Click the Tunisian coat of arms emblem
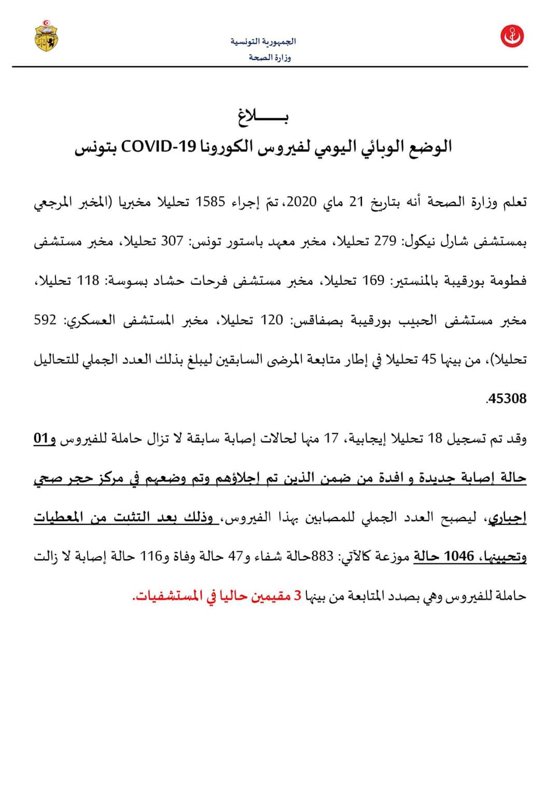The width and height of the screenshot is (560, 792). tap(46, 35)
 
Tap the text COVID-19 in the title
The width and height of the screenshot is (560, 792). tap(159, 147)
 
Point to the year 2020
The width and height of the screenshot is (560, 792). tap(301, 202)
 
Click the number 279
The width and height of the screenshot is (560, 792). tap(385, 241)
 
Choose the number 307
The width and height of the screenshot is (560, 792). tap(172, 241)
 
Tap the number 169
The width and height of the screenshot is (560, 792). tap(373, 281)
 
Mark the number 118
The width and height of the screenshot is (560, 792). tap(88, 281)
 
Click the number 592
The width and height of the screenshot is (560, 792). tap(46, 320)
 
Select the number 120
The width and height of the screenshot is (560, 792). tap(272, 320)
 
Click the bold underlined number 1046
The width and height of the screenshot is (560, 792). tap(459, 557)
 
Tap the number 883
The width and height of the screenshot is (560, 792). tap(321, 557)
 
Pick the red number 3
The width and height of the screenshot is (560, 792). tap(298, 596)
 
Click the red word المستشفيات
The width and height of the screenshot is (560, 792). tap(169, 596)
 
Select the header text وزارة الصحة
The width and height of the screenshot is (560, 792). tap(270, 57)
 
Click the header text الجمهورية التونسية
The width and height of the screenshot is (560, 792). tap(263, 41)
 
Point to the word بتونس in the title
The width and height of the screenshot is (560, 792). tap(96, 147)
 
